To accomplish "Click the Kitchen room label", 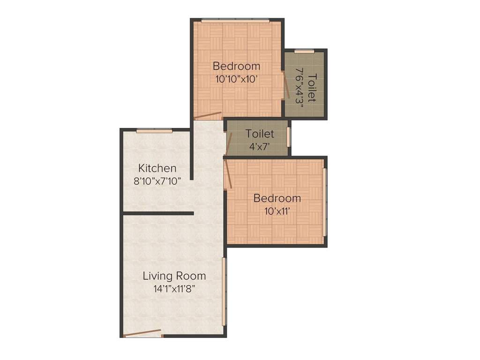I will (157, 168).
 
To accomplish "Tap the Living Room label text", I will (174, 276).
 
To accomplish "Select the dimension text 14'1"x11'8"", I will (174, 289).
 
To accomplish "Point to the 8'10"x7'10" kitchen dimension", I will (157, 181).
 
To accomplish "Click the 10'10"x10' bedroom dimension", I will (236, 79).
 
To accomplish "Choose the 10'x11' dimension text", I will (277, 211).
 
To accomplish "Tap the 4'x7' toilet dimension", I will (260, 146).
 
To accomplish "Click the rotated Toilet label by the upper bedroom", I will (312, 88).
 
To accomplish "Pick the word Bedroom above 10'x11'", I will (277, 198).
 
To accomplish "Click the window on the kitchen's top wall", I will (154, 131).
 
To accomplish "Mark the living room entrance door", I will (143, 333).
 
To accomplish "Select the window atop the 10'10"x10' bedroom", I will (235, 21).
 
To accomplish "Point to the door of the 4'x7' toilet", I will (228, 143).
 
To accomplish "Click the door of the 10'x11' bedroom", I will (227, 173).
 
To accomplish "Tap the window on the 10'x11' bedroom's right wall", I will (324, 202).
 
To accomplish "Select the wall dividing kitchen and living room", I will (158, 214).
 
